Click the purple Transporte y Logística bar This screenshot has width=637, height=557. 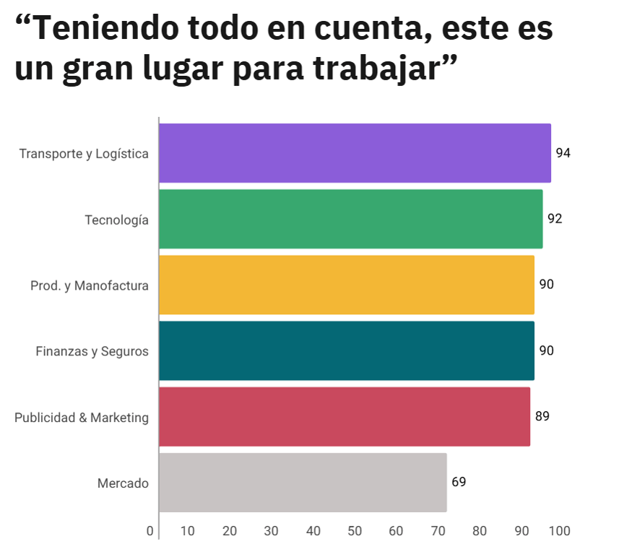point(355,153)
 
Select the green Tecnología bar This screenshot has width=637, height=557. point(350,219)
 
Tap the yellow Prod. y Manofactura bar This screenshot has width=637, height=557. point(347,285)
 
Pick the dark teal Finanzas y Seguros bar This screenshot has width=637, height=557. point(347,350)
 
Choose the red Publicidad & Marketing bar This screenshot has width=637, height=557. point(344,417)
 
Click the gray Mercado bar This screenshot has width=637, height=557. point(303,483)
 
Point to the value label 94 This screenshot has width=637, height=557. point(563,153)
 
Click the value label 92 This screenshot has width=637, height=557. point(555,219)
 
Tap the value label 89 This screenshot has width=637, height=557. point(542,416)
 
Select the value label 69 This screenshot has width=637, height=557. point(459,482)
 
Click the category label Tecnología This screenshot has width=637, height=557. point(116,220)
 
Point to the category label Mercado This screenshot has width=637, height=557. point(123,483)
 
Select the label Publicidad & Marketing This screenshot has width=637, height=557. point(82,418)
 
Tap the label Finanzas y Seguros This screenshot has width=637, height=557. point(92,352)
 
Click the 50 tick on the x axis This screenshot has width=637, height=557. point(355,531)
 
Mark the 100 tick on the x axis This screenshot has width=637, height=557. point(559,531)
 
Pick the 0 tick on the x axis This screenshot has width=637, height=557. point(150,531)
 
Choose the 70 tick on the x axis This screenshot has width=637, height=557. point(438,531)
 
